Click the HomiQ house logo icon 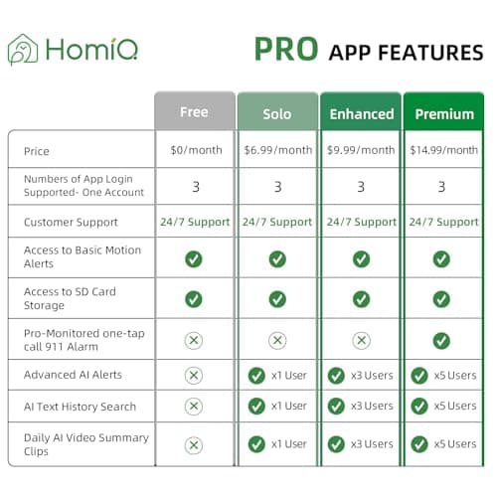[23, 50]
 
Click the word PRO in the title [287, 49]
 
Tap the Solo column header [277, 113]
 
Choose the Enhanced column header [361, 113]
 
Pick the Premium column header [444, 113]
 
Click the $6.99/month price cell [277, 150]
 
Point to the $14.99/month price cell [444, 150]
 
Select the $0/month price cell [194, 150]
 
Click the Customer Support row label [71, 222]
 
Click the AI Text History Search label [79, 406]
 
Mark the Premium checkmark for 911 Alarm [441, 339]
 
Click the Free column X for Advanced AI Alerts [194, 375]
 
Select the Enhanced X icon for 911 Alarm [361, 339]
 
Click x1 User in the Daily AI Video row [289, 443]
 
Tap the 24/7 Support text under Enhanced [361, 222]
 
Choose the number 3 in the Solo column [277, 186]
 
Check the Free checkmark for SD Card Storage [194, 298]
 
